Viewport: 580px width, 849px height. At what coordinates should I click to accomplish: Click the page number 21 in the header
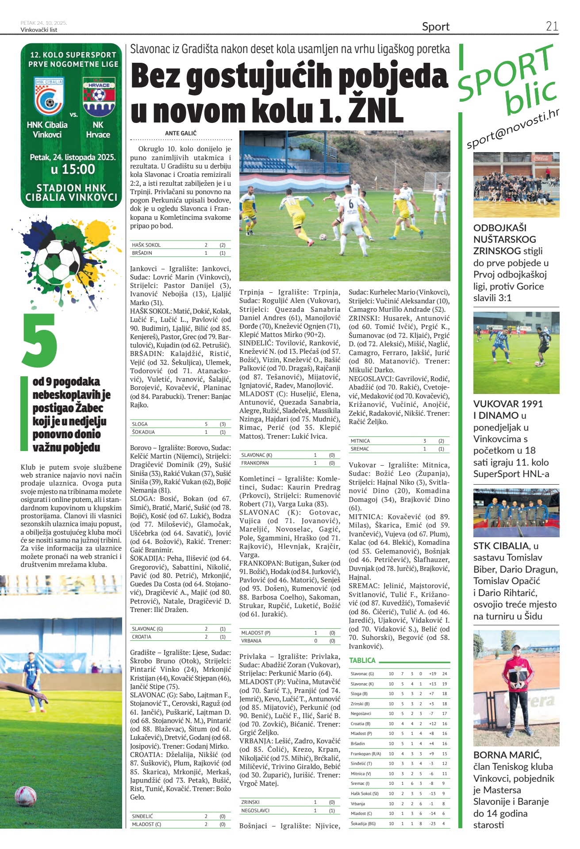[552, 27]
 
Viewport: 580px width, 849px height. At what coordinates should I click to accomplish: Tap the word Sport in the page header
[435, 27]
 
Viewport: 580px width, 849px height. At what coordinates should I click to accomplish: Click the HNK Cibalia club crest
[49, 96]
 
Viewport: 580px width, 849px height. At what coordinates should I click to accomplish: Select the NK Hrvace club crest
[99, 96]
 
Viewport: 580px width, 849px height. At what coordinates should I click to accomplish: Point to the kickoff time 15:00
[73, 169]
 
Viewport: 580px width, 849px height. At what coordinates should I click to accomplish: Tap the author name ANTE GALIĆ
[181, 133]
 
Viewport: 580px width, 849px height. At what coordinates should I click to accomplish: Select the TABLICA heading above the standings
[362, 660]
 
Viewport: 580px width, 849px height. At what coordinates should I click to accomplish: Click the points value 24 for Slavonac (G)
[444, 674]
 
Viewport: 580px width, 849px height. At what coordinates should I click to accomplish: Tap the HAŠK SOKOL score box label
[146, 245]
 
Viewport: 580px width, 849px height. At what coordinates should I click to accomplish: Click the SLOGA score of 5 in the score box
[206, 424]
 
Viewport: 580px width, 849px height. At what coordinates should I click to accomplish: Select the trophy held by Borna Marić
[516, 680]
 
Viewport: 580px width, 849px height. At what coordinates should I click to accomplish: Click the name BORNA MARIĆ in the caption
[507, 755]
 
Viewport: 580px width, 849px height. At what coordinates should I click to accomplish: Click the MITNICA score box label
[360, 441]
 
